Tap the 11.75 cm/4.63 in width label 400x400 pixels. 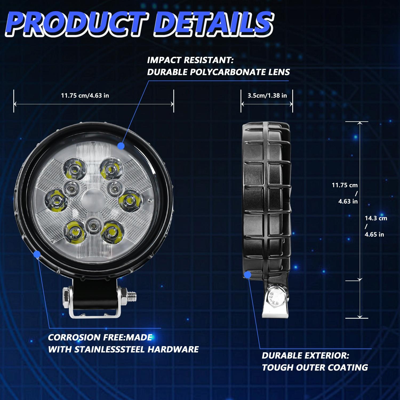coord(85,95)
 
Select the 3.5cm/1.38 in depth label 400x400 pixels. coord(267,95)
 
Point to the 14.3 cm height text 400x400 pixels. coord(376,218)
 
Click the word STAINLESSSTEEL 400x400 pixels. coord(110,349)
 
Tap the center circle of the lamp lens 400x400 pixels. coord(91,199)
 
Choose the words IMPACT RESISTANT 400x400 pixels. coord(190,60)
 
